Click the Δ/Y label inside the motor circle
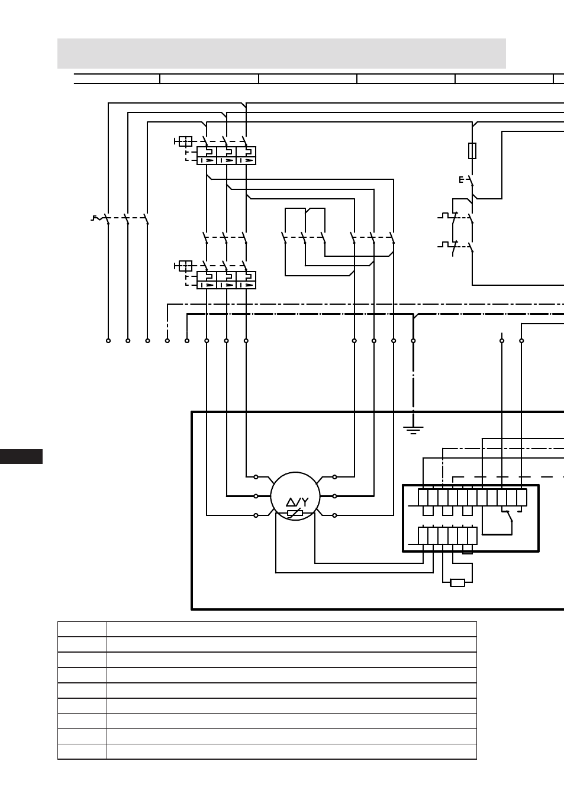pos(297,502)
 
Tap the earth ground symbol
pos(413,430)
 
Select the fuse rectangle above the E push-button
pos(472,151)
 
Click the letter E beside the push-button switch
pos(461,180)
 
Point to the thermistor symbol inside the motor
pos(295,513)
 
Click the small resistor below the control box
pos(457,583)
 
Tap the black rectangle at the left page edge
pos(21,456)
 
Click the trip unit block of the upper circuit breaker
pos(227,156)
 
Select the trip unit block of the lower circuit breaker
pos(227,280)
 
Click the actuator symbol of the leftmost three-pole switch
pos(96,218)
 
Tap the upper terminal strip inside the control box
pos(472,498)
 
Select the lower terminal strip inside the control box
pos(447,536)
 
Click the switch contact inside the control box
pos(508,516)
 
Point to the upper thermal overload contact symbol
pos(448,217)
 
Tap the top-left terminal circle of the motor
pos(256,477)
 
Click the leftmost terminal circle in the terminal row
pos(108,341)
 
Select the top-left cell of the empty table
pos(82,629)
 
